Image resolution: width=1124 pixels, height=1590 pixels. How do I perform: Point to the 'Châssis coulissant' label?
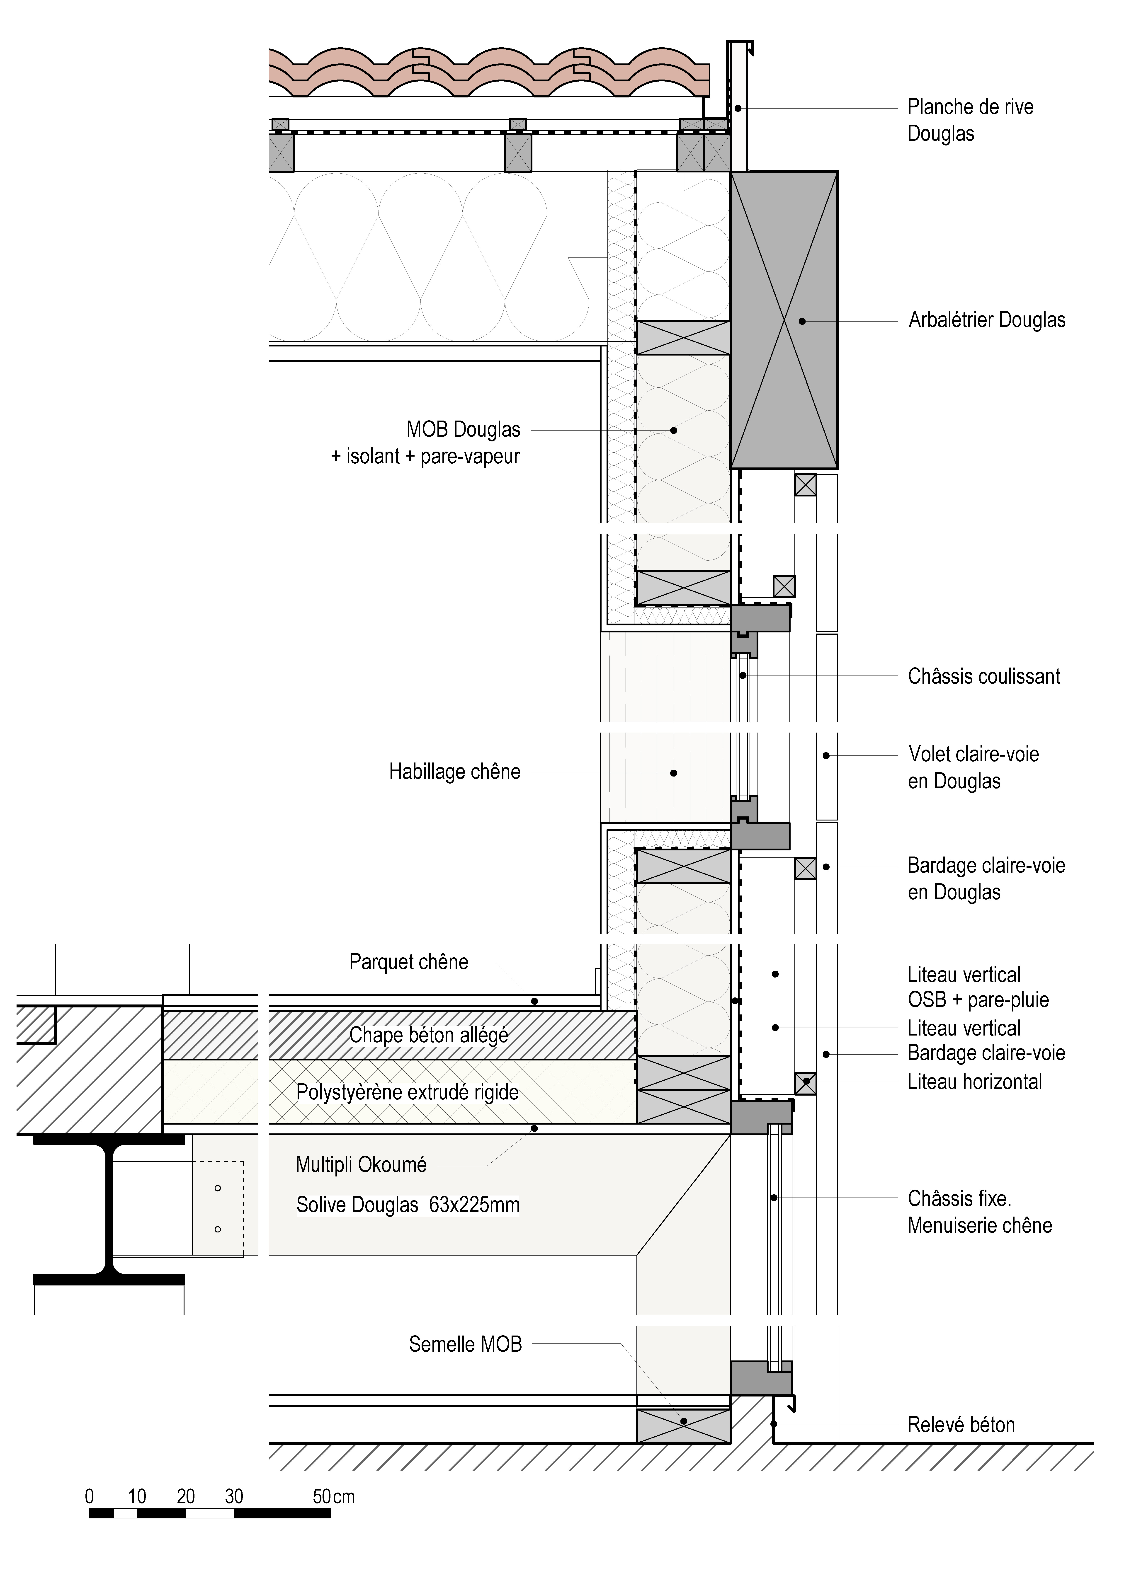[x=983, y=677]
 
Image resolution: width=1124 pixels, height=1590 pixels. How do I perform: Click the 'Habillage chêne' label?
[x=454, y=772]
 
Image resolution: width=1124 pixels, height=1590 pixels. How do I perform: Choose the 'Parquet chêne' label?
[x=409, y=962]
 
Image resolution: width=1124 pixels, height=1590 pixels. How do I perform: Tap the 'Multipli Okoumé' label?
[x=361, y=1165]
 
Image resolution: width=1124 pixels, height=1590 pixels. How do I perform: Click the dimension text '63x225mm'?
[x=474, y=1205]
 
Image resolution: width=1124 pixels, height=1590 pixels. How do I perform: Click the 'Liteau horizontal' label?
[x=974, y=1082]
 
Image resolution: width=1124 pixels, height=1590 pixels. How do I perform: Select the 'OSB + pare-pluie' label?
[x=978, y=1000]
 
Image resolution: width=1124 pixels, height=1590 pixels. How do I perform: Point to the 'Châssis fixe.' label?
[x=959, y=1199]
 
